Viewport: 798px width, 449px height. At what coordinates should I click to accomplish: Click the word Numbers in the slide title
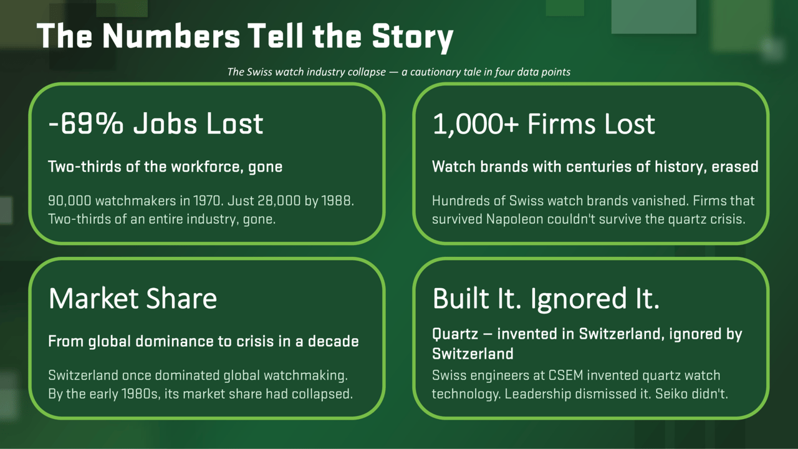click(x=171, y=36)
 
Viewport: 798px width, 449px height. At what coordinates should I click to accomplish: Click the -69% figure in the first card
click(x=86, y=123)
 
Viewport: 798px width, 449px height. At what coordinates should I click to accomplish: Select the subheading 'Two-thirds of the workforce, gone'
click(x=165, y=167)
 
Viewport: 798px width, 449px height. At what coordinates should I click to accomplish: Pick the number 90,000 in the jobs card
click(x=69, y=201)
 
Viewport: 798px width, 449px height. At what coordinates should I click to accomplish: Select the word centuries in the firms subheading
click(x=597, y=167)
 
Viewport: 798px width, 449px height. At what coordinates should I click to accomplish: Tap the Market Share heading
click(x=133, y=298)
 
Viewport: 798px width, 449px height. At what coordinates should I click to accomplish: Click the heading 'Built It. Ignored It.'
click(x=546, y=298)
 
